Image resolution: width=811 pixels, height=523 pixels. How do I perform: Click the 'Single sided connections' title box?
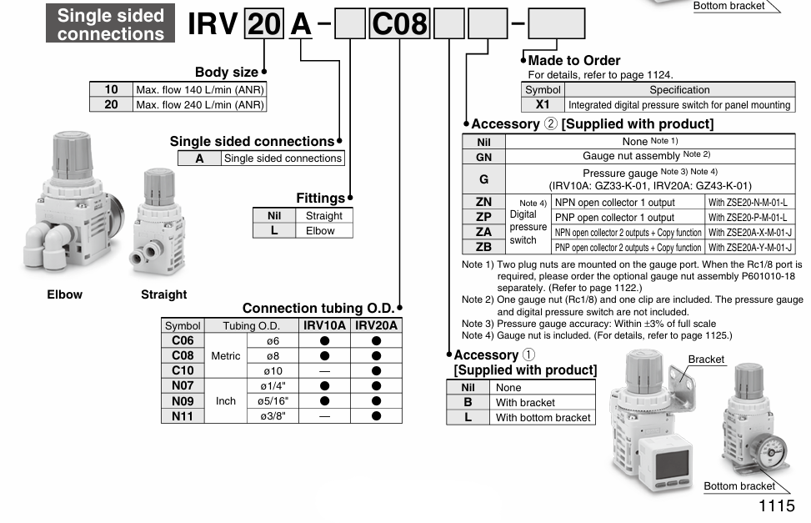pos(112,24)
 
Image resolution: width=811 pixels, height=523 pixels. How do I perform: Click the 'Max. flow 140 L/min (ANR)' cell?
pos(199,89)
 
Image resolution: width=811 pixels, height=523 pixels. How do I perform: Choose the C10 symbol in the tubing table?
pos(182,370)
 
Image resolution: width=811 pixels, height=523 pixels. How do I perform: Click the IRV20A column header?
pos(377,325)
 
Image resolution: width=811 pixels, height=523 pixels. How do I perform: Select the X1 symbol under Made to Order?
pos(543,105)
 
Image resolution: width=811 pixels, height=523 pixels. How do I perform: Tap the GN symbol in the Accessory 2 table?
pos(483,156)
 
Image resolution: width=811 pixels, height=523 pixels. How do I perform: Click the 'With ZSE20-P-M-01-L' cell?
pos(748,217)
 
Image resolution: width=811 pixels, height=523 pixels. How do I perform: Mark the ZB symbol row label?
pos(483,247)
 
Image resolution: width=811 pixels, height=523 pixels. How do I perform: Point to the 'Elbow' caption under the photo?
pos(65,294)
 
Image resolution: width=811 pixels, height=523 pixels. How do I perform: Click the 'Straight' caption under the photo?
pos(163,294)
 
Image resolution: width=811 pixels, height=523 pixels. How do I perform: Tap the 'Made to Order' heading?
pos(573,60)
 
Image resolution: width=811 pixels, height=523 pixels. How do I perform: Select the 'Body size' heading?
pos(227,72)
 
